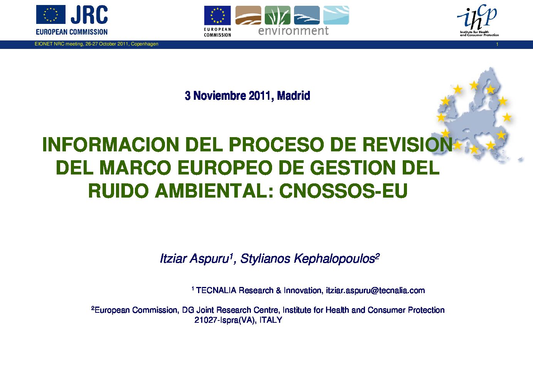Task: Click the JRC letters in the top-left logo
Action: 89,15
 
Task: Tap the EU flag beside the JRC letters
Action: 51,15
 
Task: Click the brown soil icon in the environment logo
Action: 248,15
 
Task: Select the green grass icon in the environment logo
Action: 277,15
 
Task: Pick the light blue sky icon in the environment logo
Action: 336,15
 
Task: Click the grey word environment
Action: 293,31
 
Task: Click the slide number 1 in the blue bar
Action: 497,44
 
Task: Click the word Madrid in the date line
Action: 293,96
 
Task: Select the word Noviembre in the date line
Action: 220,96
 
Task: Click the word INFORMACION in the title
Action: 111,144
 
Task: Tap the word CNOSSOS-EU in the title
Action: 343,191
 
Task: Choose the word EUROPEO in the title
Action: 225,168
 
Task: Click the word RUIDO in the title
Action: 118,191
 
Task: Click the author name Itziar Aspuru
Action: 194,259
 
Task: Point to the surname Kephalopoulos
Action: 334,259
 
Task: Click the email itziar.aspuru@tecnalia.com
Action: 375,290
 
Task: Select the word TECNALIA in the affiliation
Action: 216,290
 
